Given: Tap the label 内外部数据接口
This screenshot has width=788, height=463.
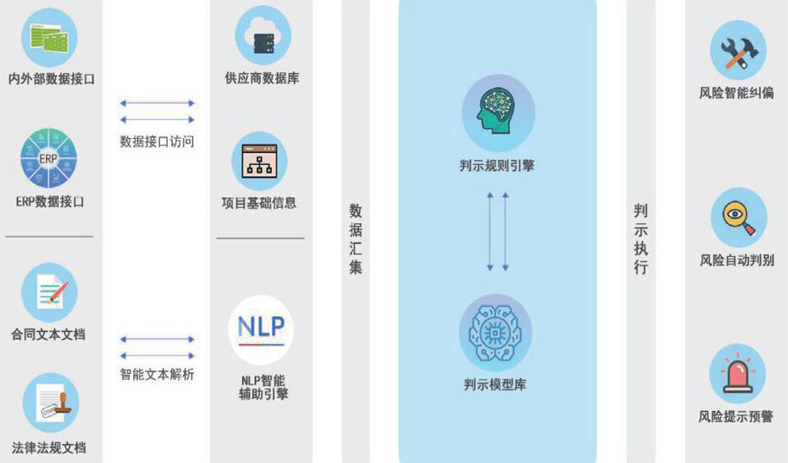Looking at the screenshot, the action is click(52, 78).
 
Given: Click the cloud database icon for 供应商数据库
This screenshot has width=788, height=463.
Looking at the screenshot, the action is click(262, 36).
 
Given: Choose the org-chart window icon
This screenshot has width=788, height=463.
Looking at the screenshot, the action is click(259, 160).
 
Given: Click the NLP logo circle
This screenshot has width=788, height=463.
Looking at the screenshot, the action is click(261, 329).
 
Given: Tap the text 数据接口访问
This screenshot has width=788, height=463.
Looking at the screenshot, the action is click(157, 142).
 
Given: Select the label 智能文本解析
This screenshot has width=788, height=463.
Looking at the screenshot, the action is click(157, 374).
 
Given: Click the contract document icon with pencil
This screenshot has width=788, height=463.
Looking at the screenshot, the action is click(49, 292).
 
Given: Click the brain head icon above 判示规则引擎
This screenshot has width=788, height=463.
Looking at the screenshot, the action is click(498, 112).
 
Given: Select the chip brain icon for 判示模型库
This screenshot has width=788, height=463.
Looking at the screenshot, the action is click(495, 332).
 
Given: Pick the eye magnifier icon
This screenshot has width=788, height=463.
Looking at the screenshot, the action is click(738, 216).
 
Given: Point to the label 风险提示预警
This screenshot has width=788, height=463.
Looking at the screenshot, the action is click(736, 416).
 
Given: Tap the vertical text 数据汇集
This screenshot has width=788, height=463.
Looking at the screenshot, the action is click(356, 239).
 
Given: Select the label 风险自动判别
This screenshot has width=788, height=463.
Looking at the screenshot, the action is click(737, 259).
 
